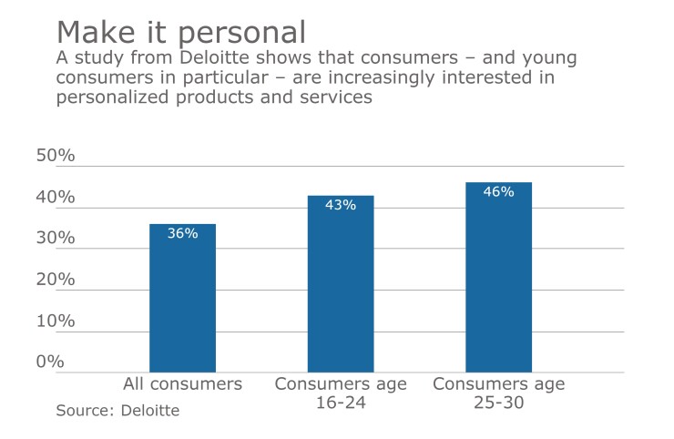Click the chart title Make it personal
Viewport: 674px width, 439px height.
pos(180,32)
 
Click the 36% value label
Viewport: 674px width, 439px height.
pos(182,233)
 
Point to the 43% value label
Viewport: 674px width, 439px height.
pos(340,205)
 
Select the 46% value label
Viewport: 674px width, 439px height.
pos(498,192)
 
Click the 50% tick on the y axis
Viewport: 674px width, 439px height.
pos(55,156)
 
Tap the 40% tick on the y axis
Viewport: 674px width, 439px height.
pos(55,198)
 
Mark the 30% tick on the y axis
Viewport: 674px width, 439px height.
pos(55,239)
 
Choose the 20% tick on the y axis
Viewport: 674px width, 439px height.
pos(55,280)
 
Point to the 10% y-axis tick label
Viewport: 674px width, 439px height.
pos(55,321)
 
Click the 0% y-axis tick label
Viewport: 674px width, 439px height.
pos(50,362)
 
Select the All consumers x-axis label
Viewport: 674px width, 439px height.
pos(182,384)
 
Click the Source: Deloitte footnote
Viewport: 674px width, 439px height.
pos(117,411)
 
